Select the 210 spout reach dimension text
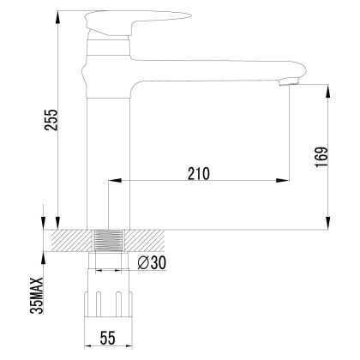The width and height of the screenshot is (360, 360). tap(197, 172)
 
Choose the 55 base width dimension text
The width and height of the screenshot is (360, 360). tap(107, 339)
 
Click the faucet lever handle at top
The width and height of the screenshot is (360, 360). tap(129, 18)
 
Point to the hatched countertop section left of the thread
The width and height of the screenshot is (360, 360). tap(70, 240)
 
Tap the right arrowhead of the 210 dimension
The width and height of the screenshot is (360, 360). tap(284, 181)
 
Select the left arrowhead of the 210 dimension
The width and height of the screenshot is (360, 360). tap(111, 181)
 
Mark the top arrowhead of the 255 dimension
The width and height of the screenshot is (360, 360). tap(57, 15)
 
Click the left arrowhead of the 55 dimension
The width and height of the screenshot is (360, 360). tap(91, 346)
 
